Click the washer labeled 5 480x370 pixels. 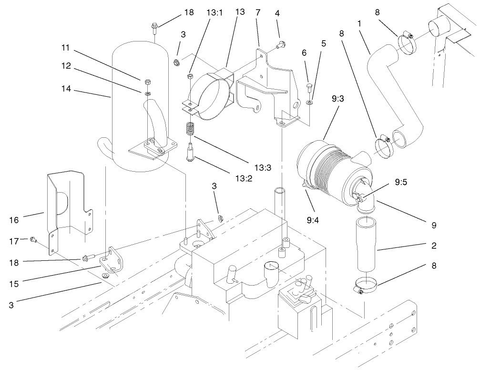tap(309, 102)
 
